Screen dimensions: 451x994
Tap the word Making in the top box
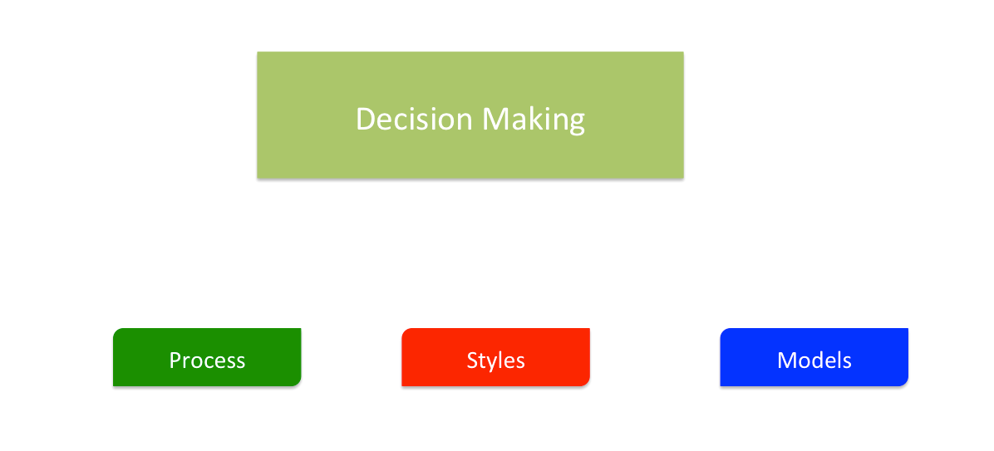(534, 120)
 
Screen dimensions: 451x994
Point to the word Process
(207, 360)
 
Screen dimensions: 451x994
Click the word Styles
(495, 360)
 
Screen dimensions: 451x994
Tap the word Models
(814, 360)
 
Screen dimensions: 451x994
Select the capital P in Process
(175, 360)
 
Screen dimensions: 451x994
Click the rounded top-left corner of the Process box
(117, 332)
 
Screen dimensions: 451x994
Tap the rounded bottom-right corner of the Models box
(904, 382)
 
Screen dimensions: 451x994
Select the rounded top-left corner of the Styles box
(406, 332)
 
